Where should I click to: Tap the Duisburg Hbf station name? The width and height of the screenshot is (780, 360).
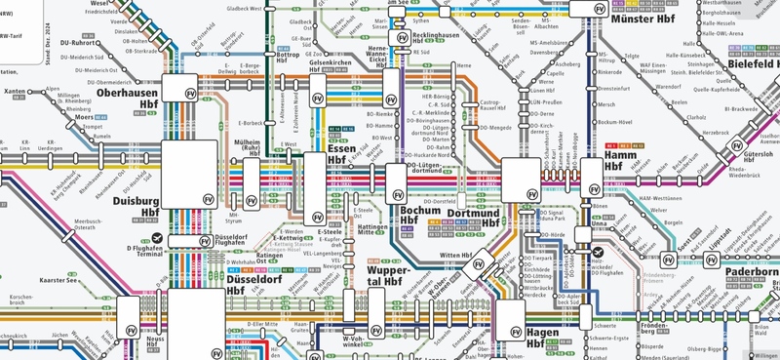click(136, 204)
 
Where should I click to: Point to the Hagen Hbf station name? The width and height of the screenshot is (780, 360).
click(547, 337)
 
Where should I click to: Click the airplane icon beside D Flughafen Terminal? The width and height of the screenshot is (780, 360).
click(159, 238)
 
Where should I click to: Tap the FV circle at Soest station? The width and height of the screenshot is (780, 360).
click(670, 260)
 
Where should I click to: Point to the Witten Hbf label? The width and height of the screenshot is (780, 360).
click(455, 256)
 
